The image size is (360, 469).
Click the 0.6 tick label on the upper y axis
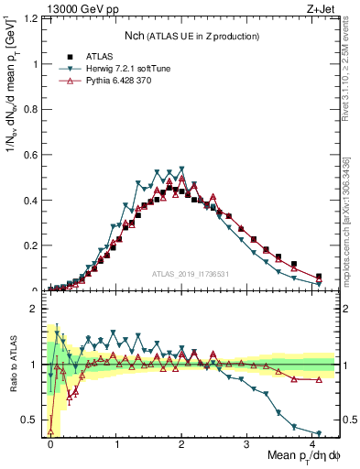coord(28,155)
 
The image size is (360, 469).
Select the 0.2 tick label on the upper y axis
coord(28,245)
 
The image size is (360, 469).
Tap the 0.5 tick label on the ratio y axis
coord(28,420)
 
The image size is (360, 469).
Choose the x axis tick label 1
coord(117,443)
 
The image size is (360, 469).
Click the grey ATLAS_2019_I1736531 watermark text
coord(191,273)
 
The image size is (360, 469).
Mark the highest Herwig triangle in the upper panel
coord(182,169)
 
